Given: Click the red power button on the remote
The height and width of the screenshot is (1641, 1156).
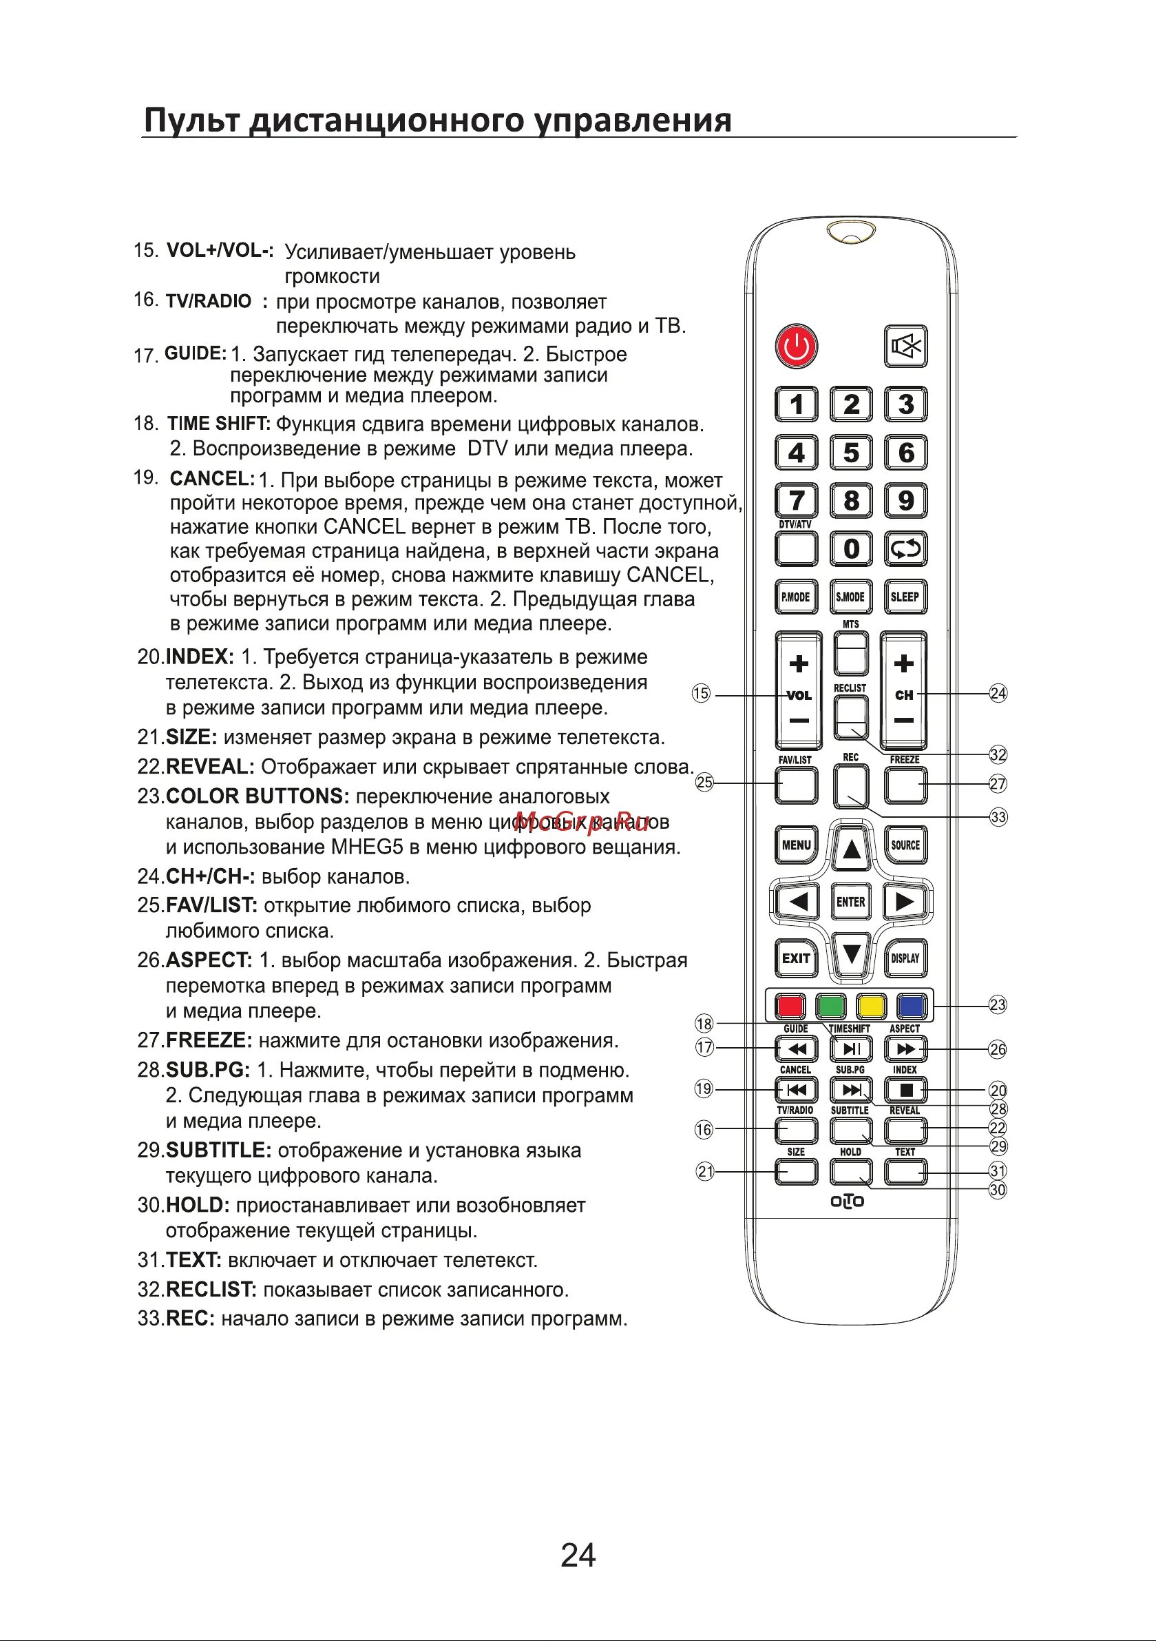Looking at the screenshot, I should tap(796, 347).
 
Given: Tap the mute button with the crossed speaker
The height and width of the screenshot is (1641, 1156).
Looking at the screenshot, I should tap(905, 347).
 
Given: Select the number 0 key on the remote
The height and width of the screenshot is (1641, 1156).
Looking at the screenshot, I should tap(851, 549).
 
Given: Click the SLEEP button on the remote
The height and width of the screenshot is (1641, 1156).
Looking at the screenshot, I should tap(905, 597).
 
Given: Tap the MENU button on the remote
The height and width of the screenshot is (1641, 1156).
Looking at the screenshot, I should tap(796, 845).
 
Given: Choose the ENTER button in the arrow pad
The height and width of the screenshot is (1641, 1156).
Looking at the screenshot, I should tap(851, 902).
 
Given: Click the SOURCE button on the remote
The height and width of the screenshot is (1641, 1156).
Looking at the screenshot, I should tap(905, 845).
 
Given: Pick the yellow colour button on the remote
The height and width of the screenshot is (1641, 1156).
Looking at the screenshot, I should tap(871, 1007).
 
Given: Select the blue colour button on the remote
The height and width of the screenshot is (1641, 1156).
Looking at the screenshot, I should tap(912, 1007).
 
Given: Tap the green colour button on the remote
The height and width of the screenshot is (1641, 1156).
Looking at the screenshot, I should tap(830, 1007).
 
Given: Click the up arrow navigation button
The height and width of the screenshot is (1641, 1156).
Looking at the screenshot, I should tap(851, 849).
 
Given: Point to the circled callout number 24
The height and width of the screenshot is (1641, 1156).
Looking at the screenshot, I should tap(998, 693).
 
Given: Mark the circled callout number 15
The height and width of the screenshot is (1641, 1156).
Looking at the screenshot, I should tap(701, 694).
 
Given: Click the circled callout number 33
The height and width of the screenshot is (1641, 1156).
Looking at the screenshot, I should tap(998, 817).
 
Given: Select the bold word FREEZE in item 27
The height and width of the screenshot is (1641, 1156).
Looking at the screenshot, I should tap(209, 1040).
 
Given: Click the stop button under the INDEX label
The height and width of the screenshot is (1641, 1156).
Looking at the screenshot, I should tap(905, 1090).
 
